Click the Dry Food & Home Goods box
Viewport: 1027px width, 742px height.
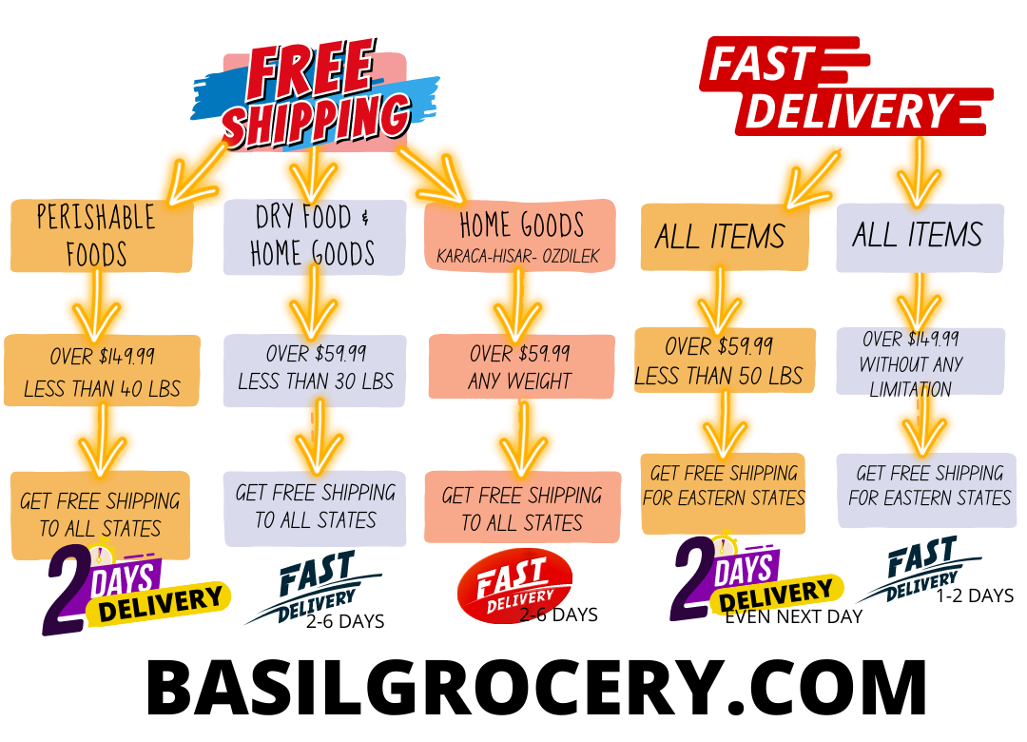(313, 236)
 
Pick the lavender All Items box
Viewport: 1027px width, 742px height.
(918, 235)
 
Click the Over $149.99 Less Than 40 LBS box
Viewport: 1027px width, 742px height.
(102, 371)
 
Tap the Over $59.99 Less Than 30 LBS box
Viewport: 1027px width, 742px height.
(315, 368)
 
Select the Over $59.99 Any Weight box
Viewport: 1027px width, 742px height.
(520, 366)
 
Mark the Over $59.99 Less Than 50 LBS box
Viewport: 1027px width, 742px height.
(724, 361)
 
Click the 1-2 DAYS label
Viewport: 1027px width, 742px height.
(975, 596)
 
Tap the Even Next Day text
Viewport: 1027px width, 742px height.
(793, 617)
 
